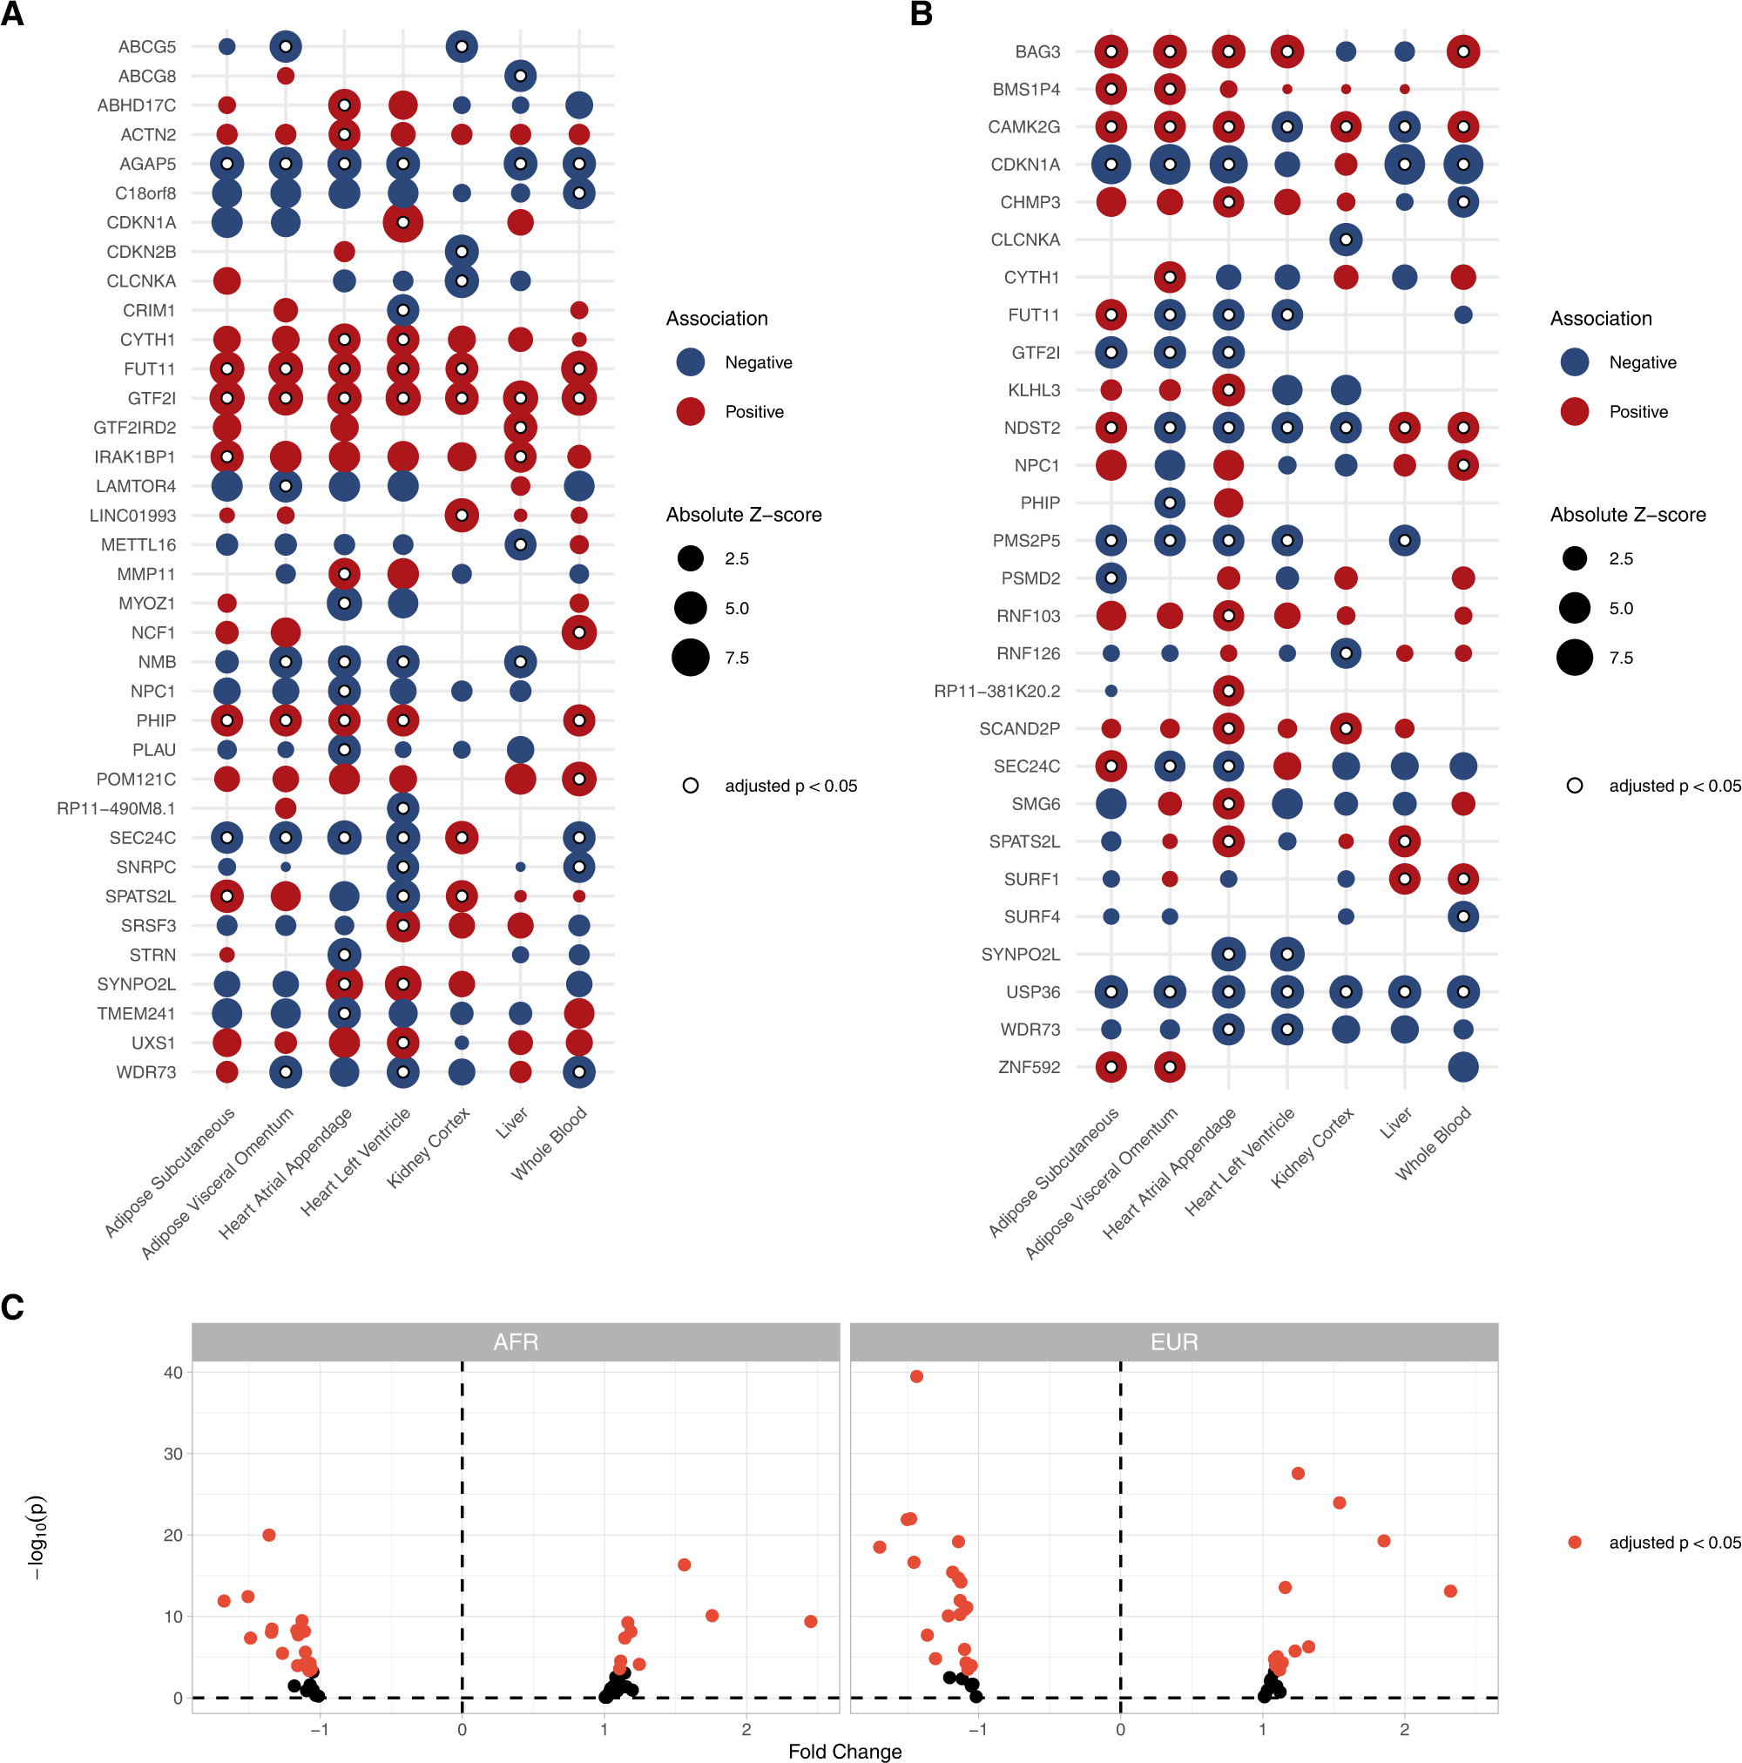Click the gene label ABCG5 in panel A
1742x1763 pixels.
click(146, 46)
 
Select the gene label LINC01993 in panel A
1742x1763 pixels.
click(132, 516)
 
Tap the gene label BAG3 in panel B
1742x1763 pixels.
click(1036, 52)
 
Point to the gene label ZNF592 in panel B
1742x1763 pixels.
click(1029, 1067)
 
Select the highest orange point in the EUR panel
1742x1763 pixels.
click(916, 1376)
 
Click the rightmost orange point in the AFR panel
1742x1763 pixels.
click(810, 1622)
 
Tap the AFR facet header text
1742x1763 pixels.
click(516, 1342)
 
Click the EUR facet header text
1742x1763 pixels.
click(1173, 1342)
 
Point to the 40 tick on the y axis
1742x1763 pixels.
click(172, 1373)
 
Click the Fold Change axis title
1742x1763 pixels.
click(844, 1751)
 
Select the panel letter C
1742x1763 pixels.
click(13, 1307)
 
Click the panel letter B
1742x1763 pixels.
click(921, 15)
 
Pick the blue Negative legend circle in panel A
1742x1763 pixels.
click(690, 362)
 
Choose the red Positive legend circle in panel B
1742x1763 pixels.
click(1574, 411)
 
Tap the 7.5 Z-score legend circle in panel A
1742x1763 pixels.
click(690, 658)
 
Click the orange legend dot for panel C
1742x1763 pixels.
click(1574, 1542)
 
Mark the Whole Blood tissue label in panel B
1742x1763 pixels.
click(1435, 1143)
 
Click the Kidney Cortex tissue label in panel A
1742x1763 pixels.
click(429, 1147)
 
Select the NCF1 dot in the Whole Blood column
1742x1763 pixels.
click(578, 632)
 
